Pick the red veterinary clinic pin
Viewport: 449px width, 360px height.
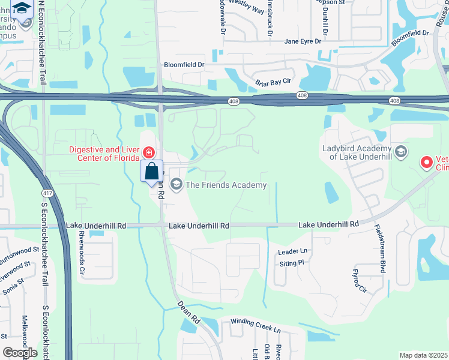pos(426,162)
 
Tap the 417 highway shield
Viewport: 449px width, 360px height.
pos(47,194)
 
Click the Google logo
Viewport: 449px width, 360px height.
pos(20,352)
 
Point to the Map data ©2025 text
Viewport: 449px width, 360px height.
pos(423,355)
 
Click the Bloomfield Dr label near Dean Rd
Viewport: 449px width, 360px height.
pos(184,64)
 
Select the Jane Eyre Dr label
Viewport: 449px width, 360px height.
pos(303,41)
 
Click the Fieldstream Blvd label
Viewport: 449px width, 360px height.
pos(379,249)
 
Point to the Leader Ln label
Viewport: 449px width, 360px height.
pos(292,251)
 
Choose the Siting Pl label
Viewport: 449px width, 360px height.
pos(292,263)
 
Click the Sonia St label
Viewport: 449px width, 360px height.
pos(13,280)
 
